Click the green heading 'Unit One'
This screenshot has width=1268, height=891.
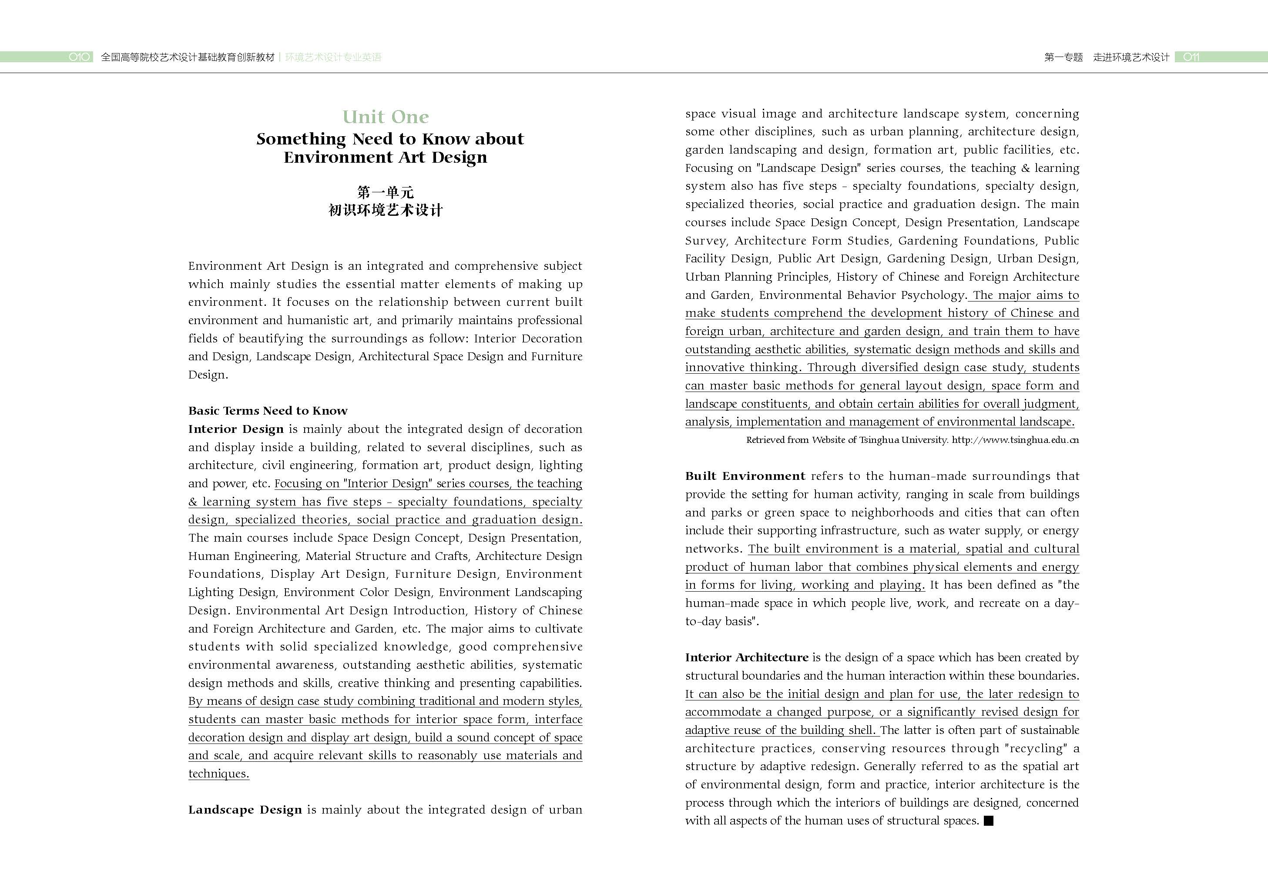(x=385, y=117)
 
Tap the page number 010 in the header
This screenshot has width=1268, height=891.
(x=80, y=57)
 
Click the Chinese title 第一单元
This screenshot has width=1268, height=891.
(x=385, y=192)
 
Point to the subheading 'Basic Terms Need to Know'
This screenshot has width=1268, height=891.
(x=268, y=411)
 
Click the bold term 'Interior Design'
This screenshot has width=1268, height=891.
(x=236, y=429)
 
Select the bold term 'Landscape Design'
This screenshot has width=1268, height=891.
(x=245, y=810)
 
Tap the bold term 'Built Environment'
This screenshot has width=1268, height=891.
(x=745, y=476)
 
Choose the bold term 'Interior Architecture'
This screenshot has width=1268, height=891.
(x=747, y=657)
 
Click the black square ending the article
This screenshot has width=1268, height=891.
(x=989, y=821)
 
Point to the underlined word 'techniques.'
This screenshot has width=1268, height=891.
(x=219, y=774)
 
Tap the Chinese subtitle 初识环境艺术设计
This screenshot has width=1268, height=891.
(x=385, y=210)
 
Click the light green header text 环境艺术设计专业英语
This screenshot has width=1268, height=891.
(x=333, y=57)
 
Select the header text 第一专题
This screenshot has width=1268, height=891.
(x=1063, y=57)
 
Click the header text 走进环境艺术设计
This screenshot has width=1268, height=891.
(x=1131, y=57)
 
